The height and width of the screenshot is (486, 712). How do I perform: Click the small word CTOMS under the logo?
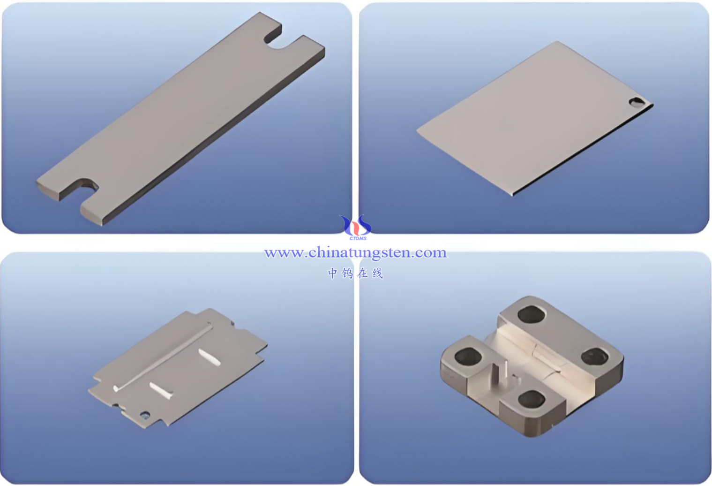[x=358, y=239]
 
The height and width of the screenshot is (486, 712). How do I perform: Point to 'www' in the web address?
[x=284, y=253]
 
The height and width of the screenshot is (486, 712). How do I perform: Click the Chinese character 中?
[x=333, y=273]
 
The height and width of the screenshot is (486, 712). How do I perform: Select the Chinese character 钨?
[x=347, y=273]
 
